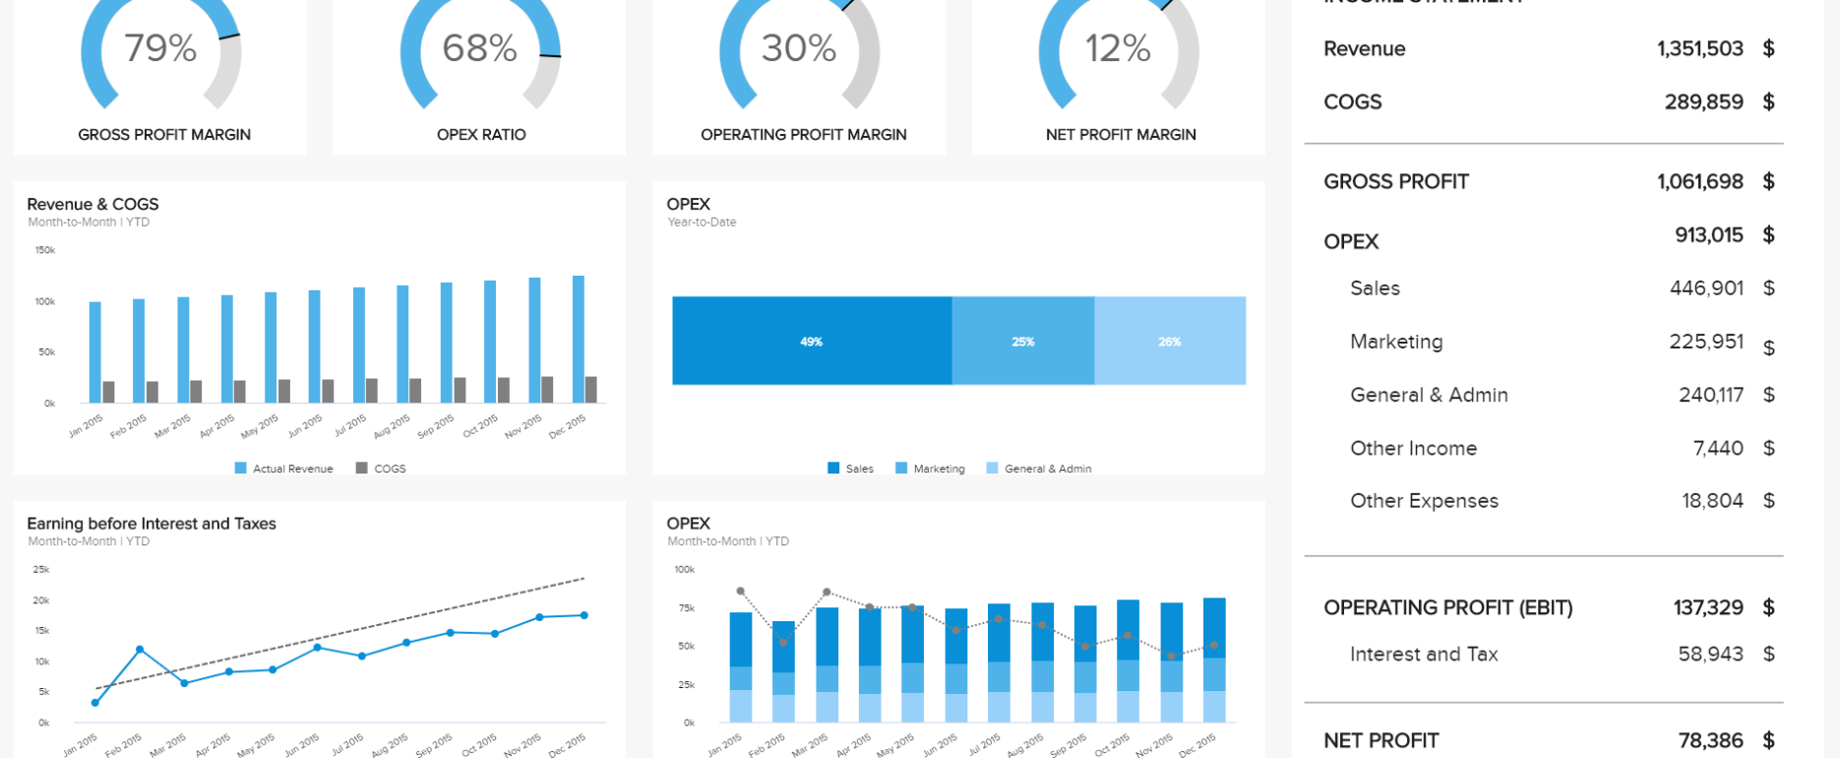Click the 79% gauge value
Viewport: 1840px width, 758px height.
click(x=160, y=48)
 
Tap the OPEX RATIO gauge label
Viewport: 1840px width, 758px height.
click(x=481, y=135)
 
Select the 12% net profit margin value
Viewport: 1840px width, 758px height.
click(x=1118, y=48)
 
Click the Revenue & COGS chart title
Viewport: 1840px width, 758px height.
click(x=92, y=204)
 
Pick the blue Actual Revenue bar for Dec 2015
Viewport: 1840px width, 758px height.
click(x=579, y=340)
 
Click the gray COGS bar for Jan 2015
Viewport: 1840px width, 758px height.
click(x=108, y=392)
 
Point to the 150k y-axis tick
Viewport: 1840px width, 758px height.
click(x=45, y=250)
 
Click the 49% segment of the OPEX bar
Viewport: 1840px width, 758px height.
click(x=812, y=341)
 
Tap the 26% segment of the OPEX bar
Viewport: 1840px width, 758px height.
click(x=1170, y=341)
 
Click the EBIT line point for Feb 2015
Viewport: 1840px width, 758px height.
click(x=140, y=650)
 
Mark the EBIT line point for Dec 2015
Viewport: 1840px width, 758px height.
click(x=584, y=615)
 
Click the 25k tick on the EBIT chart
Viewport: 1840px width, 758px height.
click(x=41, y=570)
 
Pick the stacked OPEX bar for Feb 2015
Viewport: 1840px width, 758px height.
click(x=783, y=671)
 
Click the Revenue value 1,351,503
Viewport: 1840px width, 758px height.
click(x=1699, y=49)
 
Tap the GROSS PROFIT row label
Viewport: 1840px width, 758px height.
click(x=1395, y=182)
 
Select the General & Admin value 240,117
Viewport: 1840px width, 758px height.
click(x=1710, y=395)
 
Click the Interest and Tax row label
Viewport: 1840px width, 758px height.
click(x=1423, y=655)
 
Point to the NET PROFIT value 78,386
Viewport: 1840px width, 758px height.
click(x=1710, y=740)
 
